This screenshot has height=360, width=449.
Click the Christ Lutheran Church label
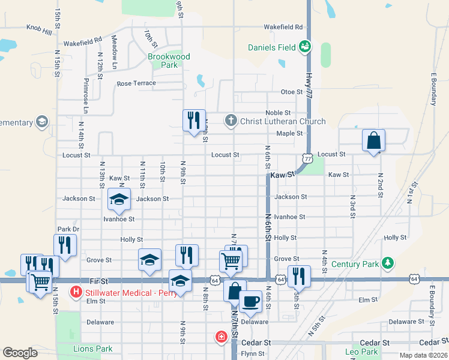283,121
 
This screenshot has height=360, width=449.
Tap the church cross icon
230,121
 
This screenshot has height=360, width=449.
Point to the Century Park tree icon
388,263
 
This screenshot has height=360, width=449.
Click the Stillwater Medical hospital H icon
76,293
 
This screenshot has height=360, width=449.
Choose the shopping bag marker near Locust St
373,141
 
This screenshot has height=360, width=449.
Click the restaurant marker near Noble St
194,120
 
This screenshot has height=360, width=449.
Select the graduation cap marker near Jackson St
119,199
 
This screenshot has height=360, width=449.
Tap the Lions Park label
92,349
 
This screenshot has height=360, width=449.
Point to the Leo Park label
362,352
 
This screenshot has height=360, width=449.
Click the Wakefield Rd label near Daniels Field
283,27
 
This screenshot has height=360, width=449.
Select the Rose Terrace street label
136,83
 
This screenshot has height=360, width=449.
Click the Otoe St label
292,92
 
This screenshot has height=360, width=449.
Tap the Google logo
20,353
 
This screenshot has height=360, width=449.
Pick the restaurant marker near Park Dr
65,245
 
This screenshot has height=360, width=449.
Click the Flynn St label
253,353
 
